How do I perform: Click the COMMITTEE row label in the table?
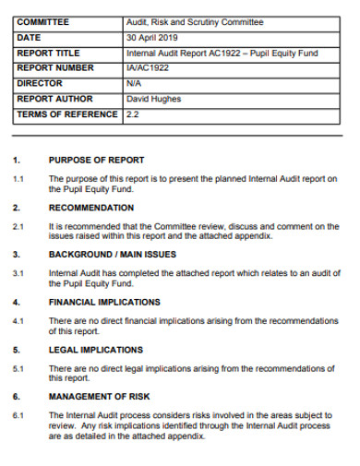click(x=42, y=22)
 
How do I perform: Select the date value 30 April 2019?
click(x=152, y=38)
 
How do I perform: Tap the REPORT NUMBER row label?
click(x=54, y=68)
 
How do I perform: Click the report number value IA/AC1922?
click(x=149, y=68)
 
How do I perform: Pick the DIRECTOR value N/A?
click(x=135, y=84)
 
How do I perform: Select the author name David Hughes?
click(x=153, y=99)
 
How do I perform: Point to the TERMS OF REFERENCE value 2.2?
click(x=132, y=114)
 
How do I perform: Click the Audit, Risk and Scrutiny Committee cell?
click(x=195, y=22)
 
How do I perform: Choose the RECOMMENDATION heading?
click(x=91, y=208)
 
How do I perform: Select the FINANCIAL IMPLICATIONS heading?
click(x=104, y=302)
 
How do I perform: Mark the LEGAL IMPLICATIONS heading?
click(x=96, y=350)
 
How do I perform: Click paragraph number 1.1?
click(x=18, y=177)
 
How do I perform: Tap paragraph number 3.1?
click(x=18, y=273)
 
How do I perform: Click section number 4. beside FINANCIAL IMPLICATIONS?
click(x=17, y=302)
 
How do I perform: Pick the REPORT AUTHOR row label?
click(x=53, y=99)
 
